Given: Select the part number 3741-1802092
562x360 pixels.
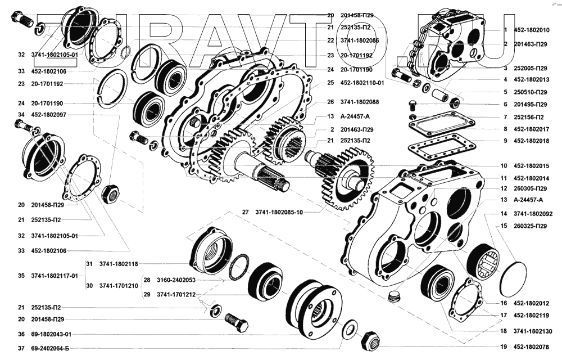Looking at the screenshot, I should [x=533, y=214].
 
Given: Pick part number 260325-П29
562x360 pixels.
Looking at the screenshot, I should [x=531, y=226].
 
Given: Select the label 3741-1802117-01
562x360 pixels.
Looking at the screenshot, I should [x=55, y=276].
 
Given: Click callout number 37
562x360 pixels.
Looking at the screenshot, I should [x=21, y=348].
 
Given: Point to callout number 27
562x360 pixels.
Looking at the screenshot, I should [x=245, y=212].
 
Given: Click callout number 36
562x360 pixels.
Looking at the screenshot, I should [x=21, y=334].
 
